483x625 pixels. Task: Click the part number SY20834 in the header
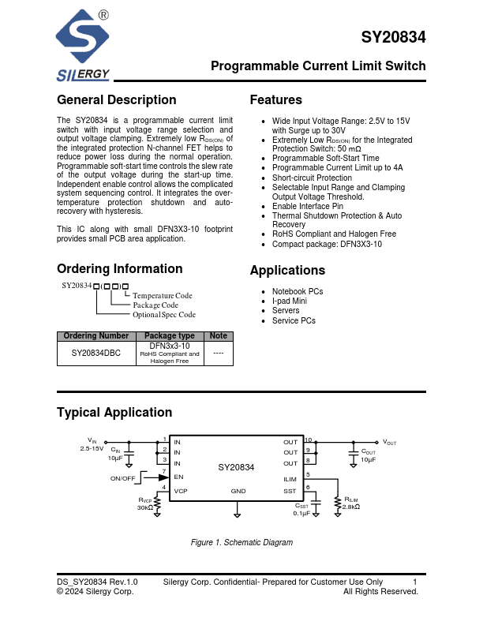click(x=393, y=38)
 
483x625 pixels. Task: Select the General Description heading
click(x=117, y=100)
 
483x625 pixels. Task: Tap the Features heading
click(x=275, y=100)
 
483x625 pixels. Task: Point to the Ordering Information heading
click(x=120, y=268)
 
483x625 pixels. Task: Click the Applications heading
click(x=287, y=271)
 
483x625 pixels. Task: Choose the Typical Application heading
click(x=114, y=413)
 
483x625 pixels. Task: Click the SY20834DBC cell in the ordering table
click(x=96, y=354)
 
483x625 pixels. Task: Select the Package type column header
click(x=170, y=336)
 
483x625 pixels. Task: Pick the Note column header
click(x=218, y=336)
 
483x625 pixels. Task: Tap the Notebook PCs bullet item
click(x=298, y=291)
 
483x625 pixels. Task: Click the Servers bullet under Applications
click(x=286, y=311)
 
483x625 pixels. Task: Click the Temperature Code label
click(x=163, y=296)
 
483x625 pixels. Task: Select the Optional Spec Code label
click(x=164, y=315)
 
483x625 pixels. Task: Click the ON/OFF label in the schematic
click(x=123, y=478)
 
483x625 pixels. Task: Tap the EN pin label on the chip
click(x=178, y=477)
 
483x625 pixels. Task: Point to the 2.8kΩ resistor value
click(x=351, y=507)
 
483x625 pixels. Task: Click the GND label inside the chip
click(x=238, y=491)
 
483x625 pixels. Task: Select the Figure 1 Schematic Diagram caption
click(x=242, y=543)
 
